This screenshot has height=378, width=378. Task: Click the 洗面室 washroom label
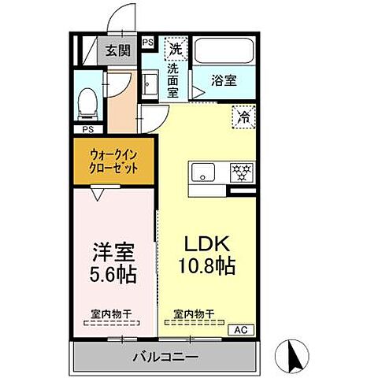click(x=173, y=80)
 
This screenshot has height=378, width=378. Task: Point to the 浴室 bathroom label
click(x=224, y=80)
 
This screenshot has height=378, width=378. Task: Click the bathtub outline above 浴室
click(x=224, y=52)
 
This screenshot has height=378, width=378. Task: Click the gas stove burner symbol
click(x=239, y=172)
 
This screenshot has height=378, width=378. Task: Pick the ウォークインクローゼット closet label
click(x=114, y=162)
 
